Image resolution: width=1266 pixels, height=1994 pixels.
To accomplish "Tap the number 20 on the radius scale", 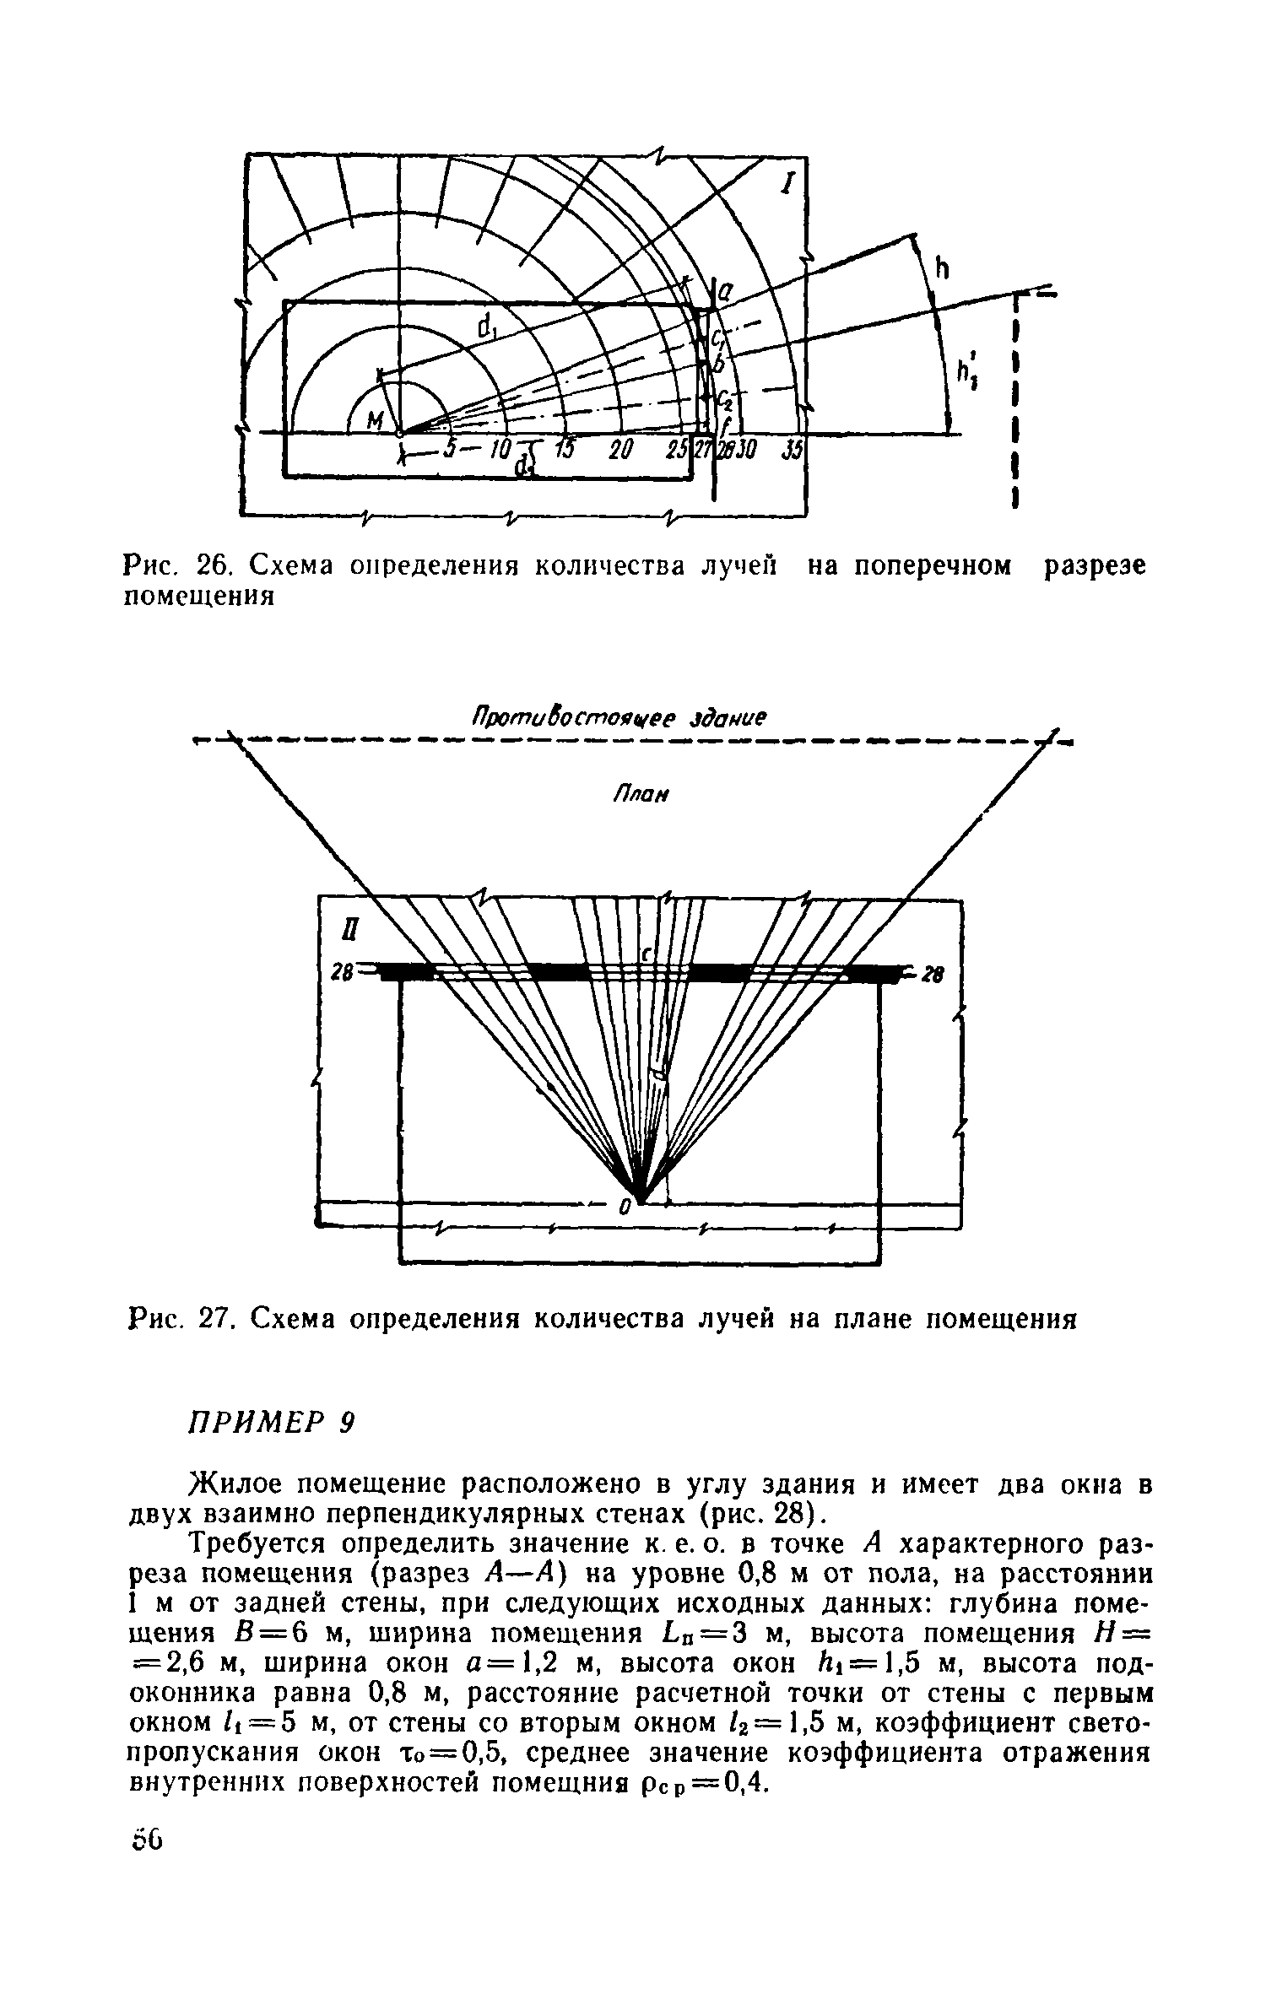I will point(620,451).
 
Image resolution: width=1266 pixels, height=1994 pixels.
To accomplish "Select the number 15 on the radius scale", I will point(564,451).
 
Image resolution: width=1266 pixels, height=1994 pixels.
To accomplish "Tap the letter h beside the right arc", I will point(943,269).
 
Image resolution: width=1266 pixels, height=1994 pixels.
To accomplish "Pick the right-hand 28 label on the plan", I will point(930,975).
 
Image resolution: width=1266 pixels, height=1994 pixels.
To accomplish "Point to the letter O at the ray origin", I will point(625,1208).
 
